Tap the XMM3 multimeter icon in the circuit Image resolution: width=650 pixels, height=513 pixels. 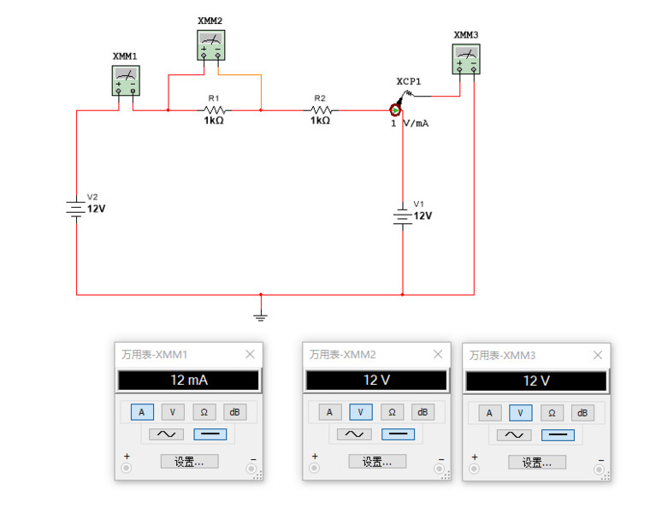(466, 60)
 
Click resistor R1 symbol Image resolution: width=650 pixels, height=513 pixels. (214, 110)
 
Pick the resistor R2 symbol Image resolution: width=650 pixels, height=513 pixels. (321, 110)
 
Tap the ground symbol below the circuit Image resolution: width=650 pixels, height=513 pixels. (261, 315)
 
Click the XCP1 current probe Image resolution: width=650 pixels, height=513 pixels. (396, 109)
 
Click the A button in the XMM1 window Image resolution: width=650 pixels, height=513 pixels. (142, 412)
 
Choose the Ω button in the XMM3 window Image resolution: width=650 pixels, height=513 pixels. (552, 413)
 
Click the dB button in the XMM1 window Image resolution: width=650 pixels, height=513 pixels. (234, 412)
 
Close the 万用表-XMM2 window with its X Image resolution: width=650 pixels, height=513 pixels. (438, 354)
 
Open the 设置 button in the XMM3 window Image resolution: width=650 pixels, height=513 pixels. (537, 462)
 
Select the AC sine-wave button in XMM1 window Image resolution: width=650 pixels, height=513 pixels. (164, 434)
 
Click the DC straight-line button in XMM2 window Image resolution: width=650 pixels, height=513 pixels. (398, 434)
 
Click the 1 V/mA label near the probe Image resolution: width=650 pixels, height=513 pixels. (410, 124)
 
